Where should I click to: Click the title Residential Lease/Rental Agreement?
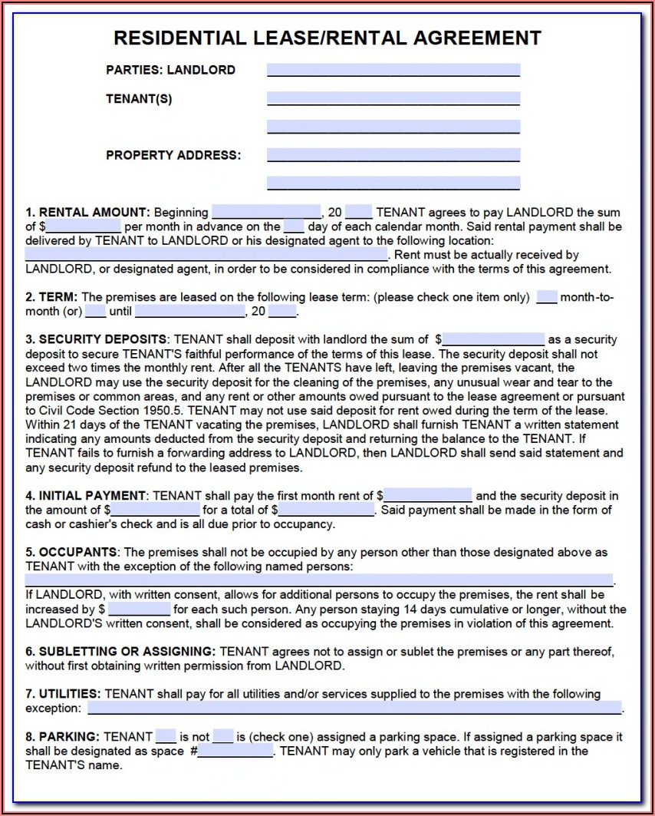[327, 38]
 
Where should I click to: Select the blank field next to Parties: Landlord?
[393, 70]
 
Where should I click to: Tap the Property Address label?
[173, 155]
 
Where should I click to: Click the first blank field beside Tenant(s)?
[393, 98]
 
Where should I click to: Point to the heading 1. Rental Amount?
[87, 212]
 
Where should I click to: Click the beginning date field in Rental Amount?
[265, 212]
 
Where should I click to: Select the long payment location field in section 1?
[206, 255]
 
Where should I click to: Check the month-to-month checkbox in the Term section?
[546, 297]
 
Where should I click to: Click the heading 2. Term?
[52, 297]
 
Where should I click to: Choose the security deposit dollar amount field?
[493, 339]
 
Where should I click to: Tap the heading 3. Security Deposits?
[96, 339]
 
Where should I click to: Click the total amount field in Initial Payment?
[327, 510]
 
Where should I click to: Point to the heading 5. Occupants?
[71, 552]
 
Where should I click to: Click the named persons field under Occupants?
[319, 580]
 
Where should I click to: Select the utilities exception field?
[354, 708]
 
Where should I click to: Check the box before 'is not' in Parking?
[166, 736]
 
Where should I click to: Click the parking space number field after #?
[235, 751]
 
